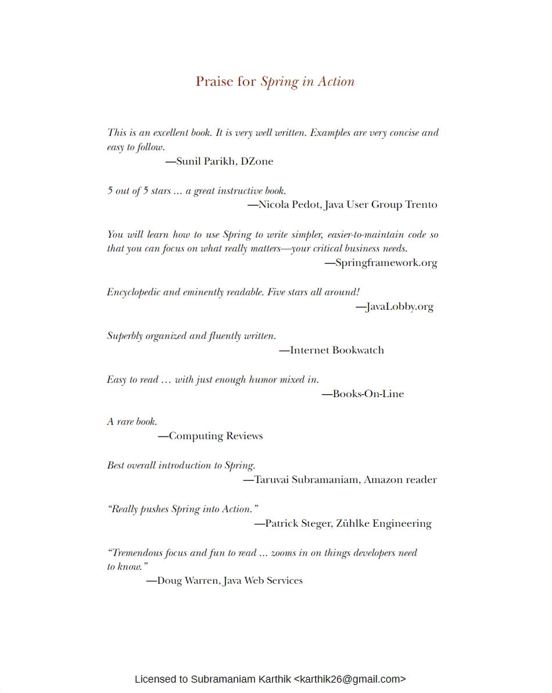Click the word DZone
[x=257, y=162]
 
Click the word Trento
[x=421, y=205]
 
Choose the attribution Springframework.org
[x=386, y=263]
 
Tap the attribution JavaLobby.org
[x=399, y=306]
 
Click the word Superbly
[x=125, y=336]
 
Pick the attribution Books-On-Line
[x=368, y=394]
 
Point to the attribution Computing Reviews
[x=216, y=436]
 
